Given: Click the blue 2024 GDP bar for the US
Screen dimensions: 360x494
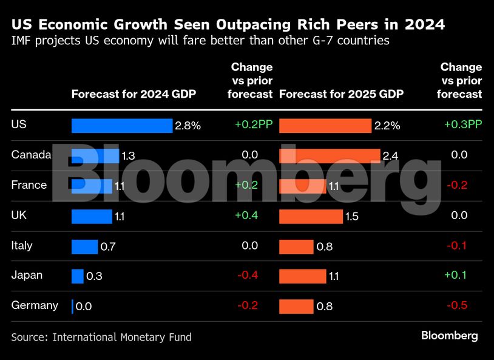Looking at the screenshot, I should pyautogui.click(x=122, y=126).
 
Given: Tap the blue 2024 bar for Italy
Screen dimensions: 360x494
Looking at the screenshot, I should pyautogui.click(x=84, y=246).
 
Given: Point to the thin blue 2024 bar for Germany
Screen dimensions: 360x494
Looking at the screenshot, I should pyautogui.click(x=72, y=307).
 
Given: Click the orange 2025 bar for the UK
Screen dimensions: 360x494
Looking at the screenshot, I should pyautogui.click(x=311, y=216).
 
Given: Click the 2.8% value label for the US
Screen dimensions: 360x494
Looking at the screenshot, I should pyautogui.click(x=188, y=126).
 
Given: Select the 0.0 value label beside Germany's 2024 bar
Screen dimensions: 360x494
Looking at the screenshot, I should pyautogui.click(x=84, y=307).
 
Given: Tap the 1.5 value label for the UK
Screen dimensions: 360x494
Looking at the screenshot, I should pyautogui.click(x=352, y=217).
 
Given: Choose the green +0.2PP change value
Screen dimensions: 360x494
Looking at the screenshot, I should pyautogui.click(x=254, y=124).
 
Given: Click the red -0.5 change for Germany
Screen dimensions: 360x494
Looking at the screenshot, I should pyautogui.click(x=456, y=305).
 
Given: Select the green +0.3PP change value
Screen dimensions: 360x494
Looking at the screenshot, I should pyautogui.click(x=463, y=124).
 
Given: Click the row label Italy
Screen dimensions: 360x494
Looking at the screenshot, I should pyautogui.click(x=22, y=246).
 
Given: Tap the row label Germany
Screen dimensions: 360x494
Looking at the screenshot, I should pyautogui.click(x=35, y=305).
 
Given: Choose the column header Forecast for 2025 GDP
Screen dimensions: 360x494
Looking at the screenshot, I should pyautogui.click(x=341, y=94).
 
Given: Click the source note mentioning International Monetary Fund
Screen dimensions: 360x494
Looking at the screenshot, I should pyautogui.click(x=101, y=337).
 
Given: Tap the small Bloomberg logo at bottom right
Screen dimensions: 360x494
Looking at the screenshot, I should pyautogui.click(x=450, y=336).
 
